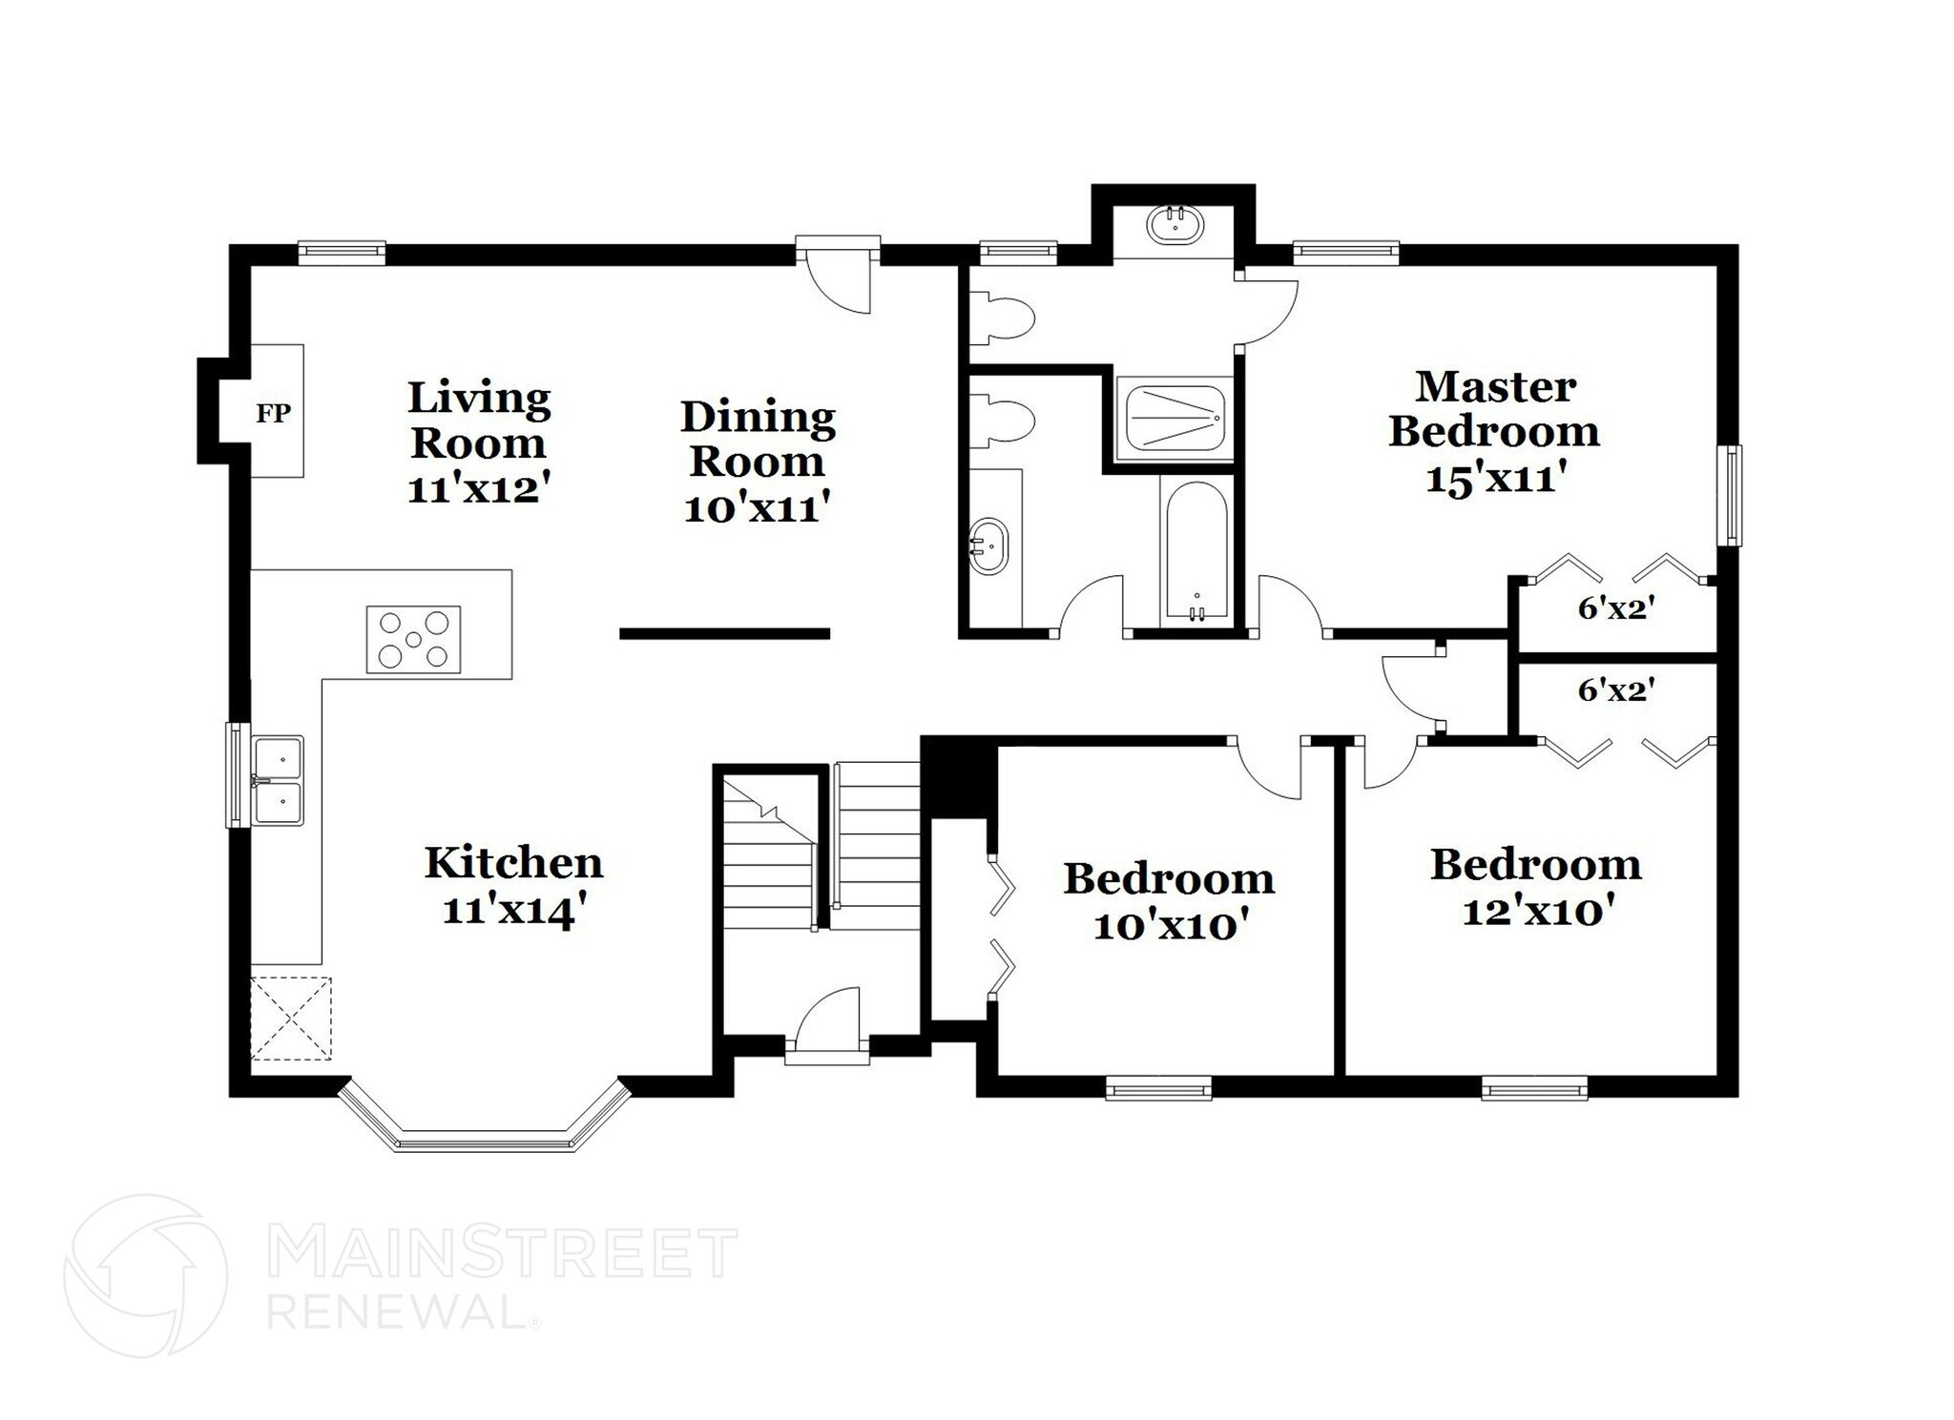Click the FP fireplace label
[x=273, y=413]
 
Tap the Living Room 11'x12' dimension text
[x=479, y=489]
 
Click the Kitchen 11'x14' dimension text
[x=512, y=911]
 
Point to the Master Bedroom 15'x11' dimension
[x=1496, y=477]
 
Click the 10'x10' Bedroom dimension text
[x=1171, y=925]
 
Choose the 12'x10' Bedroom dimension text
[x=1537, y=912]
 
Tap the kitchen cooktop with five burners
[x=414, y=640]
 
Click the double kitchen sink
[x=278, y=780]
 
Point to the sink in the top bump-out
[x=1176, y=225]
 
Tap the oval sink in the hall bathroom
[x=988, y=546]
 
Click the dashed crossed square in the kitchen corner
[x=291, y=1019]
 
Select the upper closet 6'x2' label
[x=1615, y=607]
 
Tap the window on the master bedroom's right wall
[x=1730, y=495]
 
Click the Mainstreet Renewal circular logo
[x=145, y=1275]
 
